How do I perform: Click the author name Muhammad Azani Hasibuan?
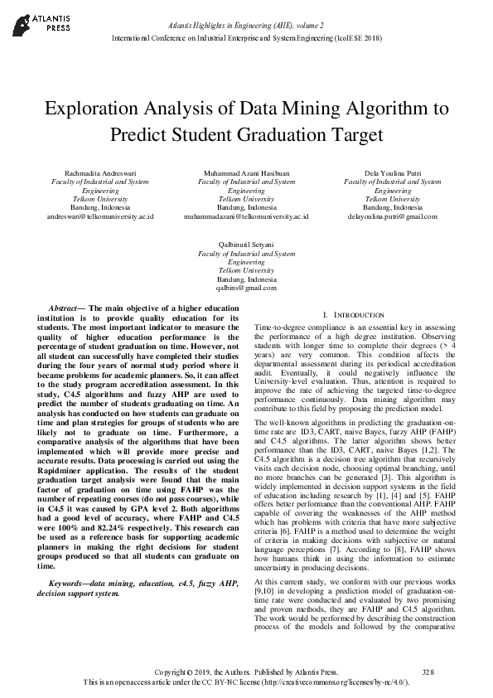pyautogui.click(x=246, y=172)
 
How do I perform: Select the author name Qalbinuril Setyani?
pyautogui.click(x=246, y=246)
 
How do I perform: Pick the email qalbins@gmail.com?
pyautogui.click(x=246, y=288)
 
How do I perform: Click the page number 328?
pyautogui.click(x=428, y=671)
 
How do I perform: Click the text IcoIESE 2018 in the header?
pyautogui.click(x=357, y=39)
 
